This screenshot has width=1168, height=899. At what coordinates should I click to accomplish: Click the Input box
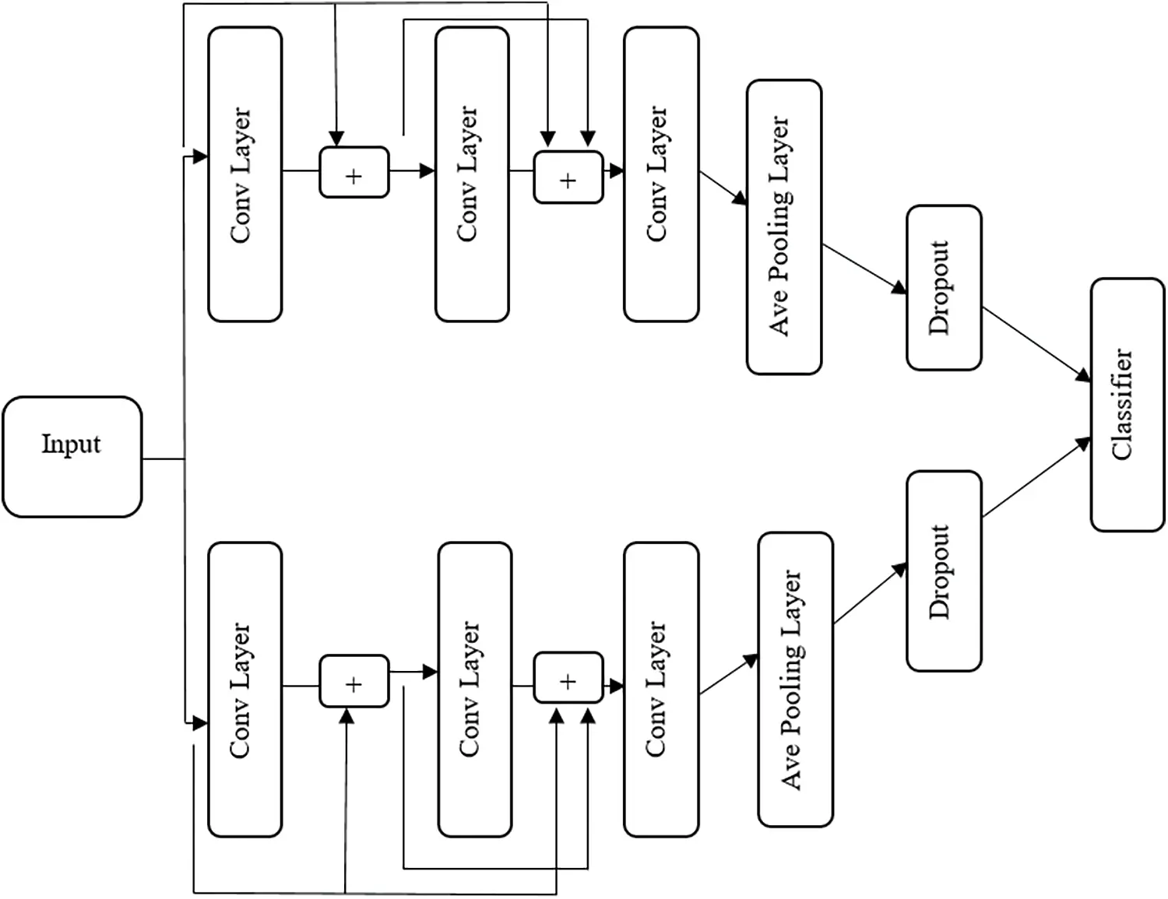point(72,457)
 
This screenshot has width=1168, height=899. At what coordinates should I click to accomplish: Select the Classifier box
point(1128,405)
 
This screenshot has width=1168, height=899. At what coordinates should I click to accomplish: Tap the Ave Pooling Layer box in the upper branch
point(783,227)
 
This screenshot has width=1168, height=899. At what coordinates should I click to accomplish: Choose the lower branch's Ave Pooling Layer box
point(796,680)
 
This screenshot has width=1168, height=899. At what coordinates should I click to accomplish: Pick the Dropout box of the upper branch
point(944,288)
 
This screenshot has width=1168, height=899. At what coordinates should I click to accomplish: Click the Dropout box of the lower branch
point(944,571)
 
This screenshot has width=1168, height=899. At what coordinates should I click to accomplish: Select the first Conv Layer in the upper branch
point(245,174)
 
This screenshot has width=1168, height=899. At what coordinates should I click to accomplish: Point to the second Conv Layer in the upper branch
point(472,174)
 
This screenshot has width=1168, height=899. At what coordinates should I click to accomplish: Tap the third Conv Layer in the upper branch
point(661,174)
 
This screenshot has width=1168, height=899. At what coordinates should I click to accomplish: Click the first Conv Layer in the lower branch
point(245,690)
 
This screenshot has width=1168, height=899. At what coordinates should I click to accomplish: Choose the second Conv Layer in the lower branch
point(475,690)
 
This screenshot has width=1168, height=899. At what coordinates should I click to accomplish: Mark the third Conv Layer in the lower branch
point(661,690)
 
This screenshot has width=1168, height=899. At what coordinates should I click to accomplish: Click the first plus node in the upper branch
point(354,172)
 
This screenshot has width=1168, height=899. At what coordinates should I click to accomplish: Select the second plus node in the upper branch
point(568,177)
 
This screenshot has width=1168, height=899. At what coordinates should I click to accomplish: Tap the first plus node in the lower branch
point(354,681)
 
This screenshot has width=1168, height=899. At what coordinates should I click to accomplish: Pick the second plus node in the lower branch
point(568,677)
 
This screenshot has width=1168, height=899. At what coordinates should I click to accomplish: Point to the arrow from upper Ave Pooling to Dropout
point(864,269)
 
